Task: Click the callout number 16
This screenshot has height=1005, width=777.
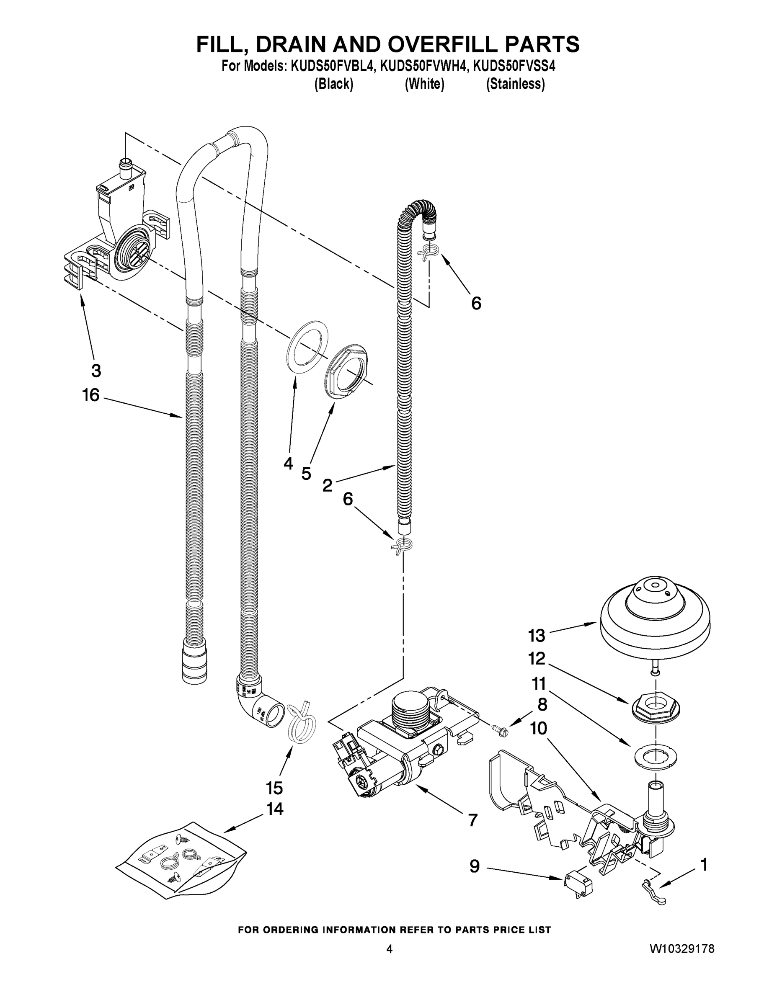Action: (90, 395)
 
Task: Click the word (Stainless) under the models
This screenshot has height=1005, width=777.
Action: (515, 84)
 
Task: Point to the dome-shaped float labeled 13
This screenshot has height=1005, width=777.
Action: (655, 616)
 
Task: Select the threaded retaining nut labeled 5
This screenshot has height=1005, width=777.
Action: (348, 372)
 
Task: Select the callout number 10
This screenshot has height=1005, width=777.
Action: (538, 728)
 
